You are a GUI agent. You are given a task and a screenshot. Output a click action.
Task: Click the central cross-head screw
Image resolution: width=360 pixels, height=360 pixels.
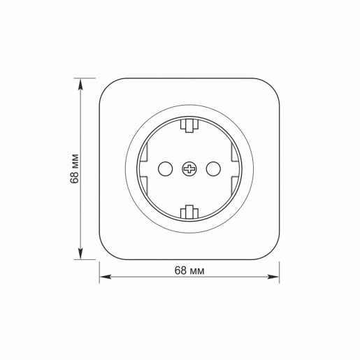coord(189,168)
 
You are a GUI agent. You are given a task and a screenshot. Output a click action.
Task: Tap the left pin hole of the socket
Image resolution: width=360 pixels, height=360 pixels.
coord(166,168)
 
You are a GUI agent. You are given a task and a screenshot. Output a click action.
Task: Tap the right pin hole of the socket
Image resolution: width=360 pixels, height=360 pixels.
coord(213,168)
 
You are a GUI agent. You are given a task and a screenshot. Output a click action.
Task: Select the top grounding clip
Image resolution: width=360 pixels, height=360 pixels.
coord(189,127)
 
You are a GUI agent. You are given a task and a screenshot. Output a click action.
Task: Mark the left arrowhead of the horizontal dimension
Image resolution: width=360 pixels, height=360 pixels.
coord(103,278)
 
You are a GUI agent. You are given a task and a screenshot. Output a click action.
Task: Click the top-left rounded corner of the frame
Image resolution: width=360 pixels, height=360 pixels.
coord(107,86)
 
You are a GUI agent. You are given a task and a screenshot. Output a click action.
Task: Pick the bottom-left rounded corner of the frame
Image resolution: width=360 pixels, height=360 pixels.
coord(107,251)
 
